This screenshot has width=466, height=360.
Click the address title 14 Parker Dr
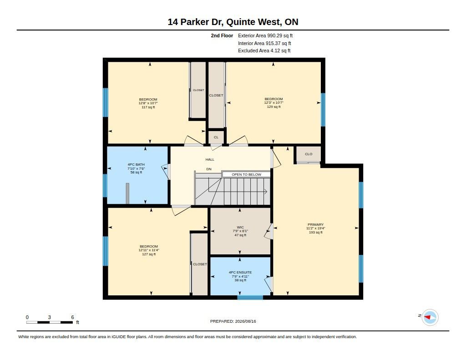195,22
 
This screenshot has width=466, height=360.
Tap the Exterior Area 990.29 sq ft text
265,35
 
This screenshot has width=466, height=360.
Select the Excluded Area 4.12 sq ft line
264,51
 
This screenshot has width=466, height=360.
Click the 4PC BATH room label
136,164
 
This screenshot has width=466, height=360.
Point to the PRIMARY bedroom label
316,224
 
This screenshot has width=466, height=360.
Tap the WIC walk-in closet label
240,228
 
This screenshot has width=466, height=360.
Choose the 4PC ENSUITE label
240,272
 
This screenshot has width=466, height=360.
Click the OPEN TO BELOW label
246,174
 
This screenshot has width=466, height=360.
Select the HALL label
210,160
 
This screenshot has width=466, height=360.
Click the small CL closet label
216,137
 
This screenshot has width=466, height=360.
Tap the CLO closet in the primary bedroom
309,154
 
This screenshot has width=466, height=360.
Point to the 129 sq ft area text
274,106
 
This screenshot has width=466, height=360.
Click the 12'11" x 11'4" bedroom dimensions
149,250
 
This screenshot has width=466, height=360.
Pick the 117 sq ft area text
148,107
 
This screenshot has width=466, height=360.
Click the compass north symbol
430,317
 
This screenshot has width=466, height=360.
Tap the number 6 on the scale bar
72,317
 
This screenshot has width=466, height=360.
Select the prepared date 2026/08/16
245,321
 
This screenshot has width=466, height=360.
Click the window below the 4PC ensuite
250,297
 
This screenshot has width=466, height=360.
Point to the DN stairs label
209,169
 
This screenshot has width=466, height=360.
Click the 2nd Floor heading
222,35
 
